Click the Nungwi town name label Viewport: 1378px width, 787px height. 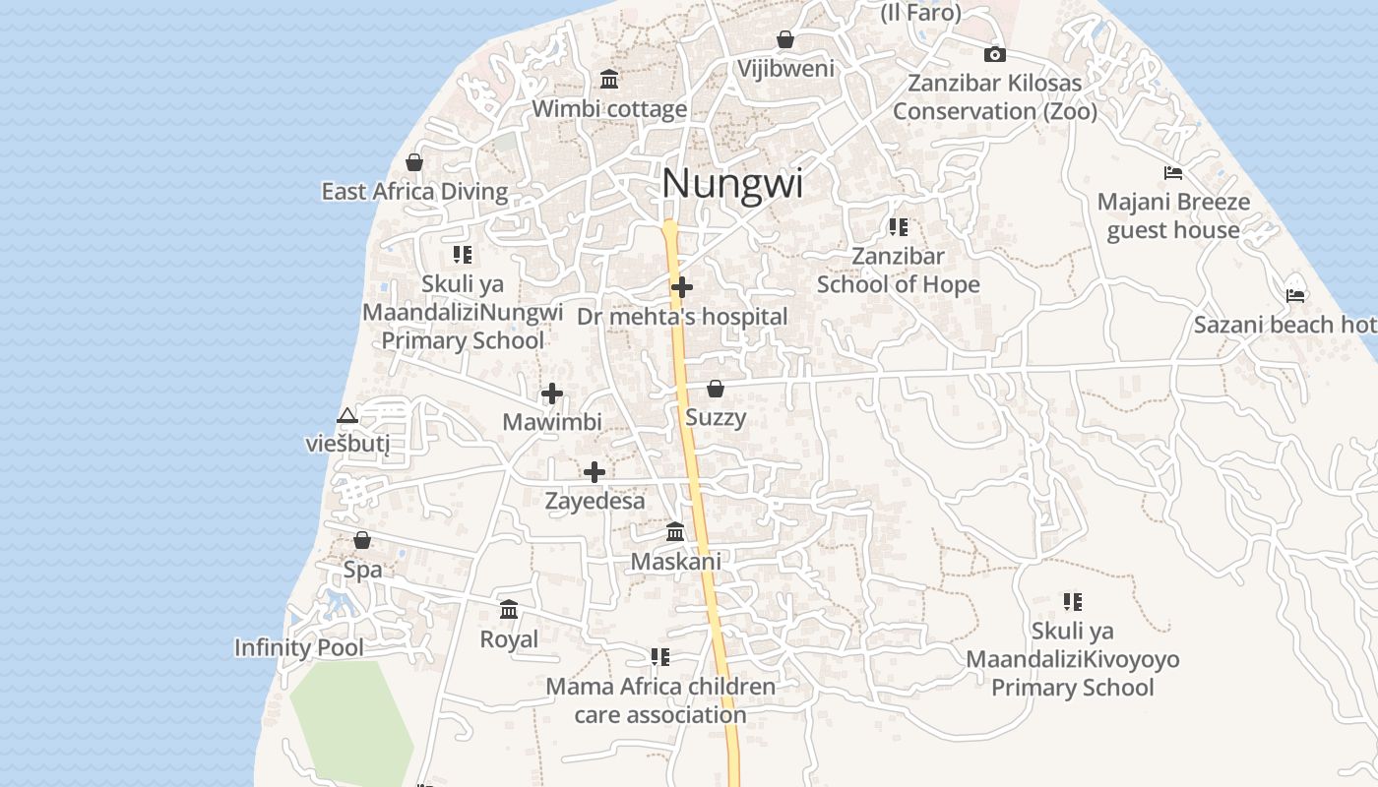732,184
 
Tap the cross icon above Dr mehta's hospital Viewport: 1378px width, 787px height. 681,287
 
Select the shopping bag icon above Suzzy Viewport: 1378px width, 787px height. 716,389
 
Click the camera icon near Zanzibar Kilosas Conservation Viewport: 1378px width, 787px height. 995,54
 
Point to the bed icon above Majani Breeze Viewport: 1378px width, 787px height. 1172,173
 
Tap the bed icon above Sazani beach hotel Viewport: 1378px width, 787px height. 1295,294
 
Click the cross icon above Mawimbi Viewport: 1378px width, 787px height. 552,393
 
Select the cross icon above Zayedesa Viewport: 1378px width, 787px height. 594,472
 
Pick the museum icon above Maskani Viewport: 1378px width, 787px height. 675,532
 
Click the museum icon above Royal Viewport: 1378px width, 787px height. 509,610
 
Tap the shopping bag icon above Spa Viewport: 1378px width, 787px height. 362,540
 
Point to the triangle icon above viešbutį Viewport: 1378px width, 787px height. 346,416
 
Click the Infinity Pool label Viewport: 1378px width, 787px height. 298,647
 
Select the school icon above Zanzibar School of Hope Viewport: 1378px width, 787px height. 898,227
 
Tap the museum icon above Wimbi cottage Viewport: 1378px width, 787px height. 609,79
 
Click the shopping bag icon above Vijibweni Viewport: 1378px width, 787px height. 785,39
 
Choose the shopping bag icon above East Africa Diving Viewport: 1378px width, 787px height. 414,162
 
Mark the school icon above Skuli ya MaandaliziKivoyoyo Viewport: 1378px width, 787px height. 1072,601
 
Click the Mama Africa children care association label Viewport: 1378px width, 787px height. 660,700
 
